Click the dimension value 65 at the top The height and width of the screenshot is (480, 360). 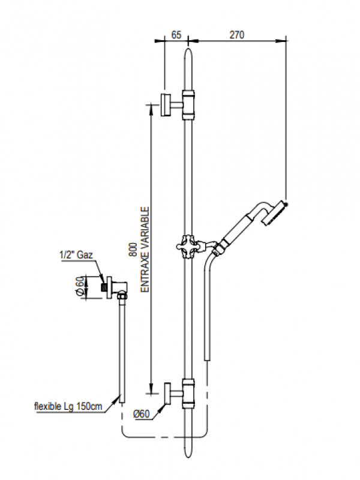(x=176, y=35)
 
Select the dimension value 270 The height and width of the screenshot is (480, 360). (x=237, y=35)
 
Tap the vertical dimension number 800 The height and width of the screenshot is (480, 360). (x=133, y=249)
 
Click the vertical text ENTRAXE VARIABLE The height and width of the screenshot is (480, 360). (x=145, y=249)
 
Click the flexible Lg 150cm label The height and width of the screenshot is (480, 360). (x=67, y=407)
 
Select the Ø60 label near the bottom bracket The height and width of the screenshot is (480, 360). (x=141, y=415)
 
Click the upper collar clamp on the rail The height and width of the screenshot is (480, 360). (x=189, y=103)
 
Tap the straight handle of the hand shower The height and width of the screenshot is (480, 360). (x=237, y=227)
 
